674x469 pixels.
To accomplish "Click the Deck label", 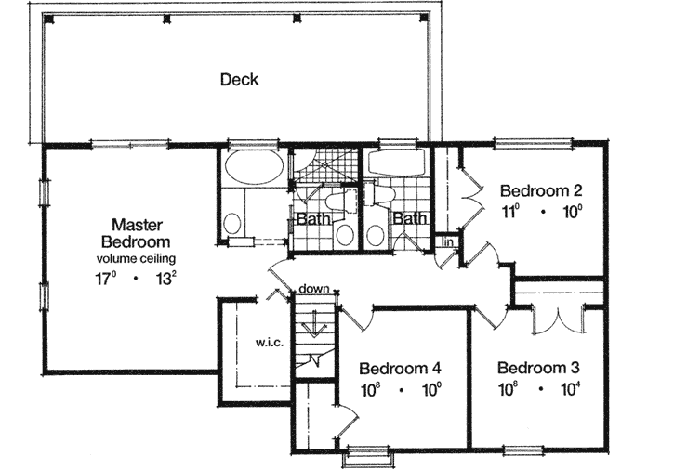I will [x=239, y=79].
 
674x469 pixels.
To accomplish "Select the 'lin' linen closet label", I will [x=446, y=242].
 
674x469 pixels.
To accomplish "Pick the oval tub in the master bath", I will [x=254, y=170].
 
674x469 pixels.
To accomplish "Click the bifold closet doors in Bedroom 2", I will [x=469, y=191].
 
